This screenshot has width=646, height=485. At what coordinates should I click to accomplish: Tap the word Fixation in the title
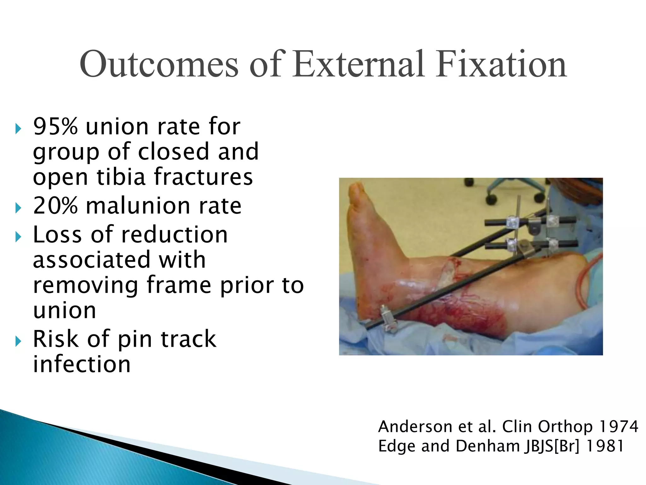click(x=501, y=65)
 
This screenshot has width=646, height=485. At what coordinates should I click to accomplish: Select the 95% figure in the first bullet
click(x=56, y=127)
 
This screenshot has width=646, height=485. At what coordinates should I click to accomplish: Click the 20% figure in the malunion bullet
click(x=56, y=206)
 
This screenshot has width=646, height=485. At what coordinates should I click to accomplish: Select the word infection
click(x=82, y=364)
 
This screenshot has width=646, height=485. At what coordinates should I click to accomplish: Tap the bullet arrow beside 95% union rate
click(x=18, y=129)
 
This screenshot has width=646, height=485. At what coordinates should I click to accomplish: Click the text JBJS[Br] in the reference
click(x=552, y=446)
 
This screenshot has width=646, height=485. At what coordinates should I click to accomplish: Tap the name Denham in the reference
click(x=488, y=446)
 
